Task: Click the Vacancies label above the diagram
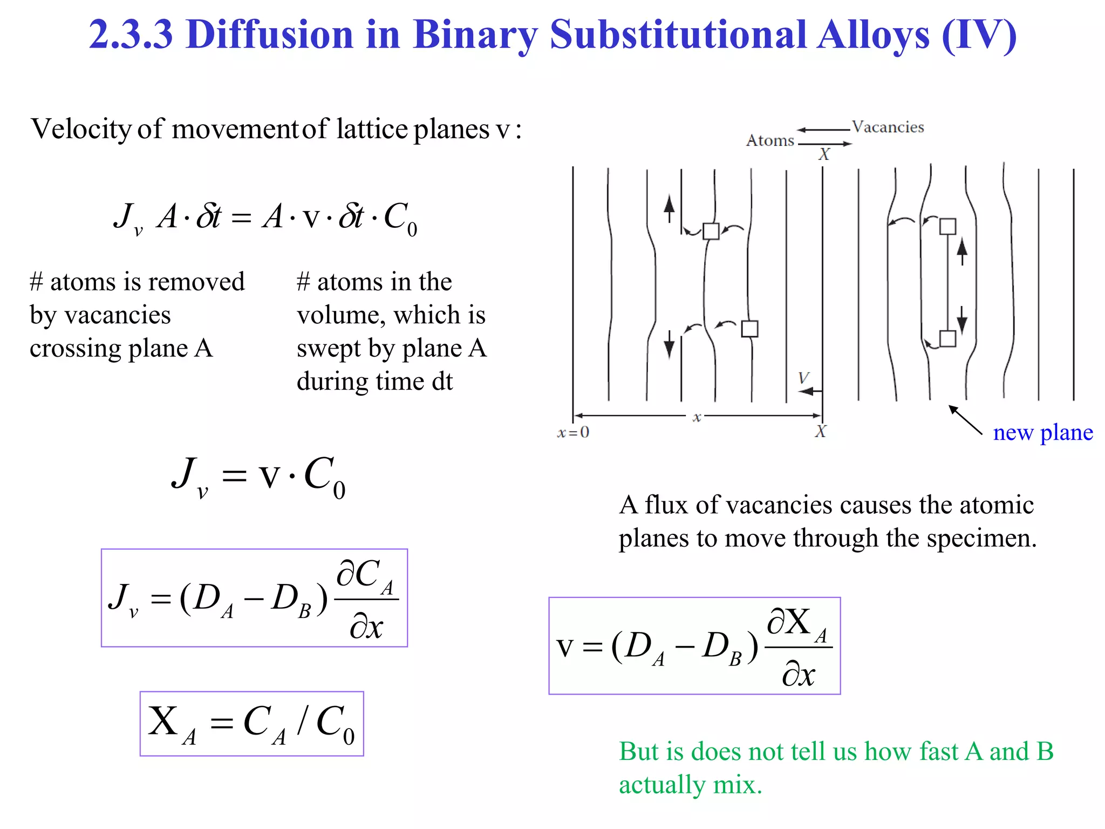click(x=888, y=127)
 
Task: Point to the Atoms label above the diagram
click(x=770, y=141)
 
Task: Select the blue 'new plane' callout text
click(x=1042, y=432)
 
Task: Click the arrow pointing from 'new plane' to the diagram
click(x=965, y=420)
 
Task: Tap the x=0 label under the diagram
click(x=573, y=432)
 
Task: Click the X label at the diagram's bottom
click(x=820, y=432)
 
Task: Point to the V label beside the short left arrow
click(x=803, y=377)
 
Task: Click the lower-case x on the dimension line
click(x=697, y=417)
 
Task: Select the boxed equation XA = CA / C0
click(x=251, y=723)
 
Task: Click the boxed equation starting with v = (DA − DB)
click(x=694, y=645)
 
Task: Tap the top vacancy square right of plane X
click(x=947, y=226)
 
